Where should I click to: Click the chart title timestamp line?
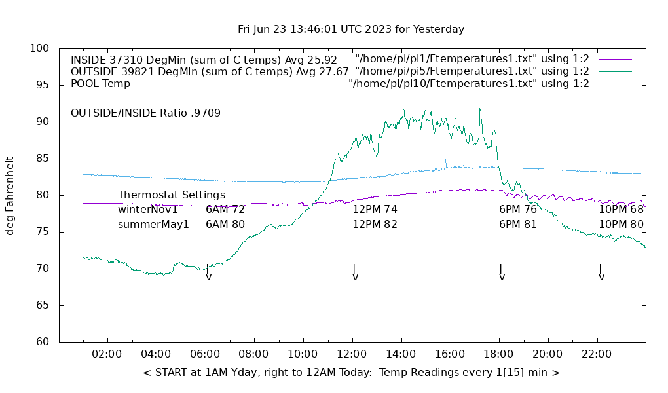[351, 29]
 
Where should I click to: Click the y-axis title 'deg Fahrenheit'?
[10, 195]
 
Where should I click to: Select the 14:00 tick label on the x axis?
[400, 354]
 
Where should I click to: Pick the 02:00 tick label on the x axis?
[107, 354]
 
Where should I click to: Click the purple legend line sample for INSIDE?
[615, 60]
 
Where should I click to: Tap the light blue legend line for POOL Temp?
[615, 84]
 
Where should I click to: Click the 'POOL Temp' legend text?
[100, 84]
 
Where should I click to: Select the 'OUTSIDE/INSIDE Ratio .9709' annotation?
[145, 113]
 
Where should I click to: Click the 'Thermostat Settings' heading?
[172, 195]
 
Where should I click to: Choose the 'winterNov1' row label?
[148, 210]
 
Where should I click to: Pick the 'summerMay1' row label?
[153, 225]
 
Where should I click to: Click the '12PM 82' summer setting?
[375, 225]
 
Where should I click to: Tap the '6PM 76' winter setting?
[517, 210]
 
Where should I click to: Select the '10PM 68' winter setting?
[621, 210]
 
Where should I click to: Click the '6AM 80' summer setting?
[225, 225]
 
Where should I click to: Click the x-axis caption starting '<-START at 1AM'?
[351, 373]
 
